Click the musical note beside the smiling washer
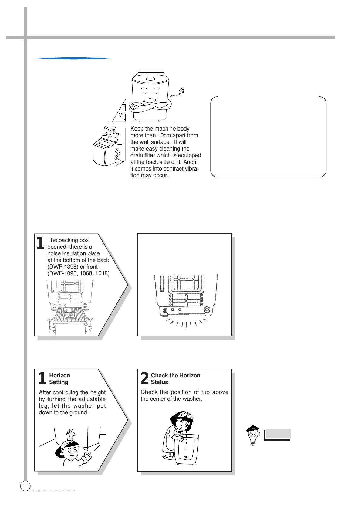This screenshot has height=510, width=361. click(x=181, y=91)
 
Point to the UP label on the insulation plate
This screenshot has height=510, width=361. click(x=70, y=315)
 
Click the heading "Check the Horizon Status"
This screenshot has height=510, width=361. click(x=175, y=379)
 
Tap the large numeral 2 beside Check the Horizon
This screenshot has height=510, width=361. click(x=145, y=379)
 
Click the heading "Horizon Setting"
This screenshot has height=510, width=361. click(x=59, y=379)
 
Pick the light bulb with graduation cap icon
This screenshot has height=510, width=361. click(x=253, y=435)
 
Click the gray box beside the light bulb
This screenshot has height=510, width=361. click(x=278, y=434)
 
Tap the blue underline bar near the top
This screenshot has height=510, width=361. click(x=73, y=58)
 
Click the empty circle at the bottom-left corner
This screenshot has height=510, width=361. click(x=25, y=486)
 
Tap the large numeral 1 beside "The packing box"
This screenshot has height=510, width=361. click(x=40, y=243)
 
